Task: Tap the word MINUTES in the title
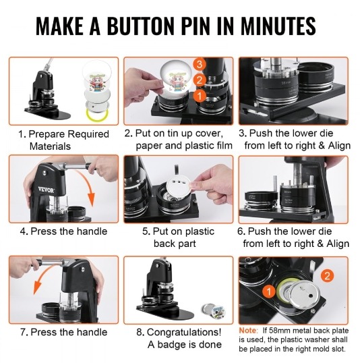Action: point(278,26)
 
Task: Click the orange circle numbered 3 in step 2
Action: point(200,64)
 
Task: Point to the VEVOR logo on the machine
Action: point(46,190)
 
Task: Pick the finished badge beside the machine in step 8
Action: point(213,310)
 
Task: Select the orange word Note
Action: point(248,331)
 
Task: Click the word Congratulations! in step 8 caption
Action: point(184,332)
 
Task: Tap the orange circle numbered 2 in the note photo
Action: point(327,276)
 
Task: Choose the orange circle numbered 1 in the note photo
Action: point(269,291)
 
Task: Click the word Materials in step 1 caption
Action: point(50,146)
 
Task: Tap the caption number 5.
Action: point(146,231)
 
